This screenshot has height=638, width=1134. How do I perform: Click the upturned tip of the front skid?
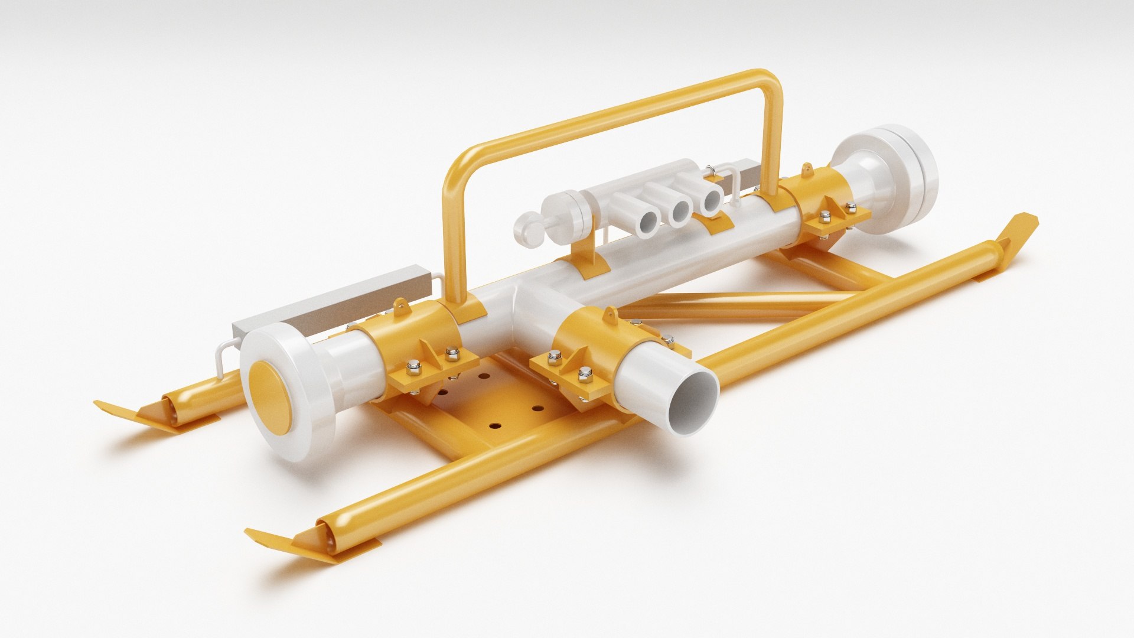click(278, 539)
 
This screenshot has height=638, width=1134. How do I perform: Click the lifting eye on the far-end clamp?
click(807, 171)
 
